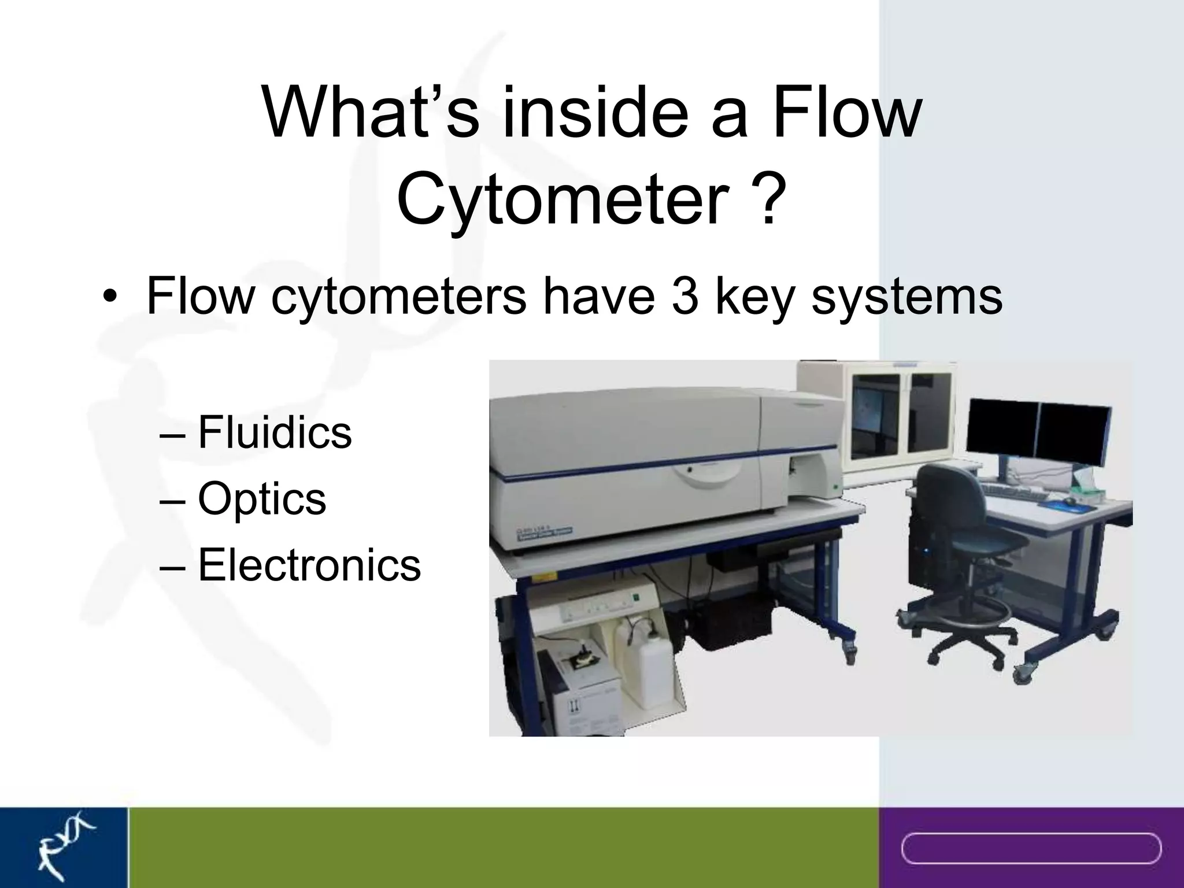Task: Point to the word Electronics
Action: tap(309, 565)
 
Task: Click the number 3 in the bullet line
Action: tap(684, 296)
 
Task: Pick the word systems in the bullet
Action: tap(906, 296)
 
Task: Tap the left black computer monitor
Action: tap(1001, 427)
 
